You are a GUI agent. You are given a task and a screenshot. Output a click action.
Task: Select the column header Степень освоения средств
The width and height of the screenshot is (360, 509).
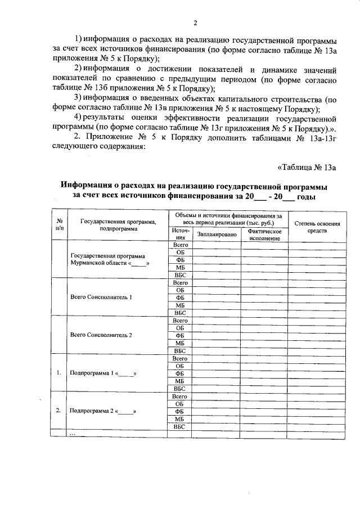317,227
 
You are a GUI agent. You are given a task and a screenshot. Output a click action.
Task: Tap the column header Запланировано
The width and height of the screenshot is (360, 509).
217,235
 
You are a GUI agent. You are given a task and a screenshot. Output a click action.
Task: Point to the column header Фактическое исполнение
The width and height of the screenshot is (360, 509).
264,235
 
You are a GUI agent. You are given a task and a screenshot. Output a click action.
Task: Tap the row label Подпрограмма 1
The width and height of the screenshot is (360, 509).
102,373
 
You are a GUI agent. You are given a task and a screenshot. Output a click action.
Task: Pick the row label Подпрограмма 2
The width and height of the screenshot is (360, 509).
102,411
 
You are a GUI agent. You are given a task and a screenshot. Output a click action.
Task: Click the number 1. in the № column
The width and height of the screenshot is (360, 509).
58,373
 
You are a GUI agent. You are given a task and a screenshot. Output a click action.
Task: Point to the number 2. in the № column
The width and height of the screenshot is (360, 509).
58,411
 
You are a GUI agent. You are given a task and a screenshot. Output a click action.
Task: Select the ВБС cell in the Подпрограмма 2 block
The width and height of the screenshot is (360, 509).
179,426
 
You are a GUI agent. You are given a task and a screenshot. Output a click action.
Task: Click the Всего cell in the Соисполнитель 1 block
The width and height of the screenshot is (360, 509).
179,282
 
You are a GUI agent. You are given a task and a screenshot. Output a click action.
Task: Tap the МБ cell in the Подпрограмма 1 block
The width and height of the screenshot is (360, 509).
179,381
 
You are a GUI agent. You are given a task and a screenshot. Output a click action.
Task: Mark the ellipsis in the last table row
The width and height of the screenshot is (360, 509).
71,434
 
